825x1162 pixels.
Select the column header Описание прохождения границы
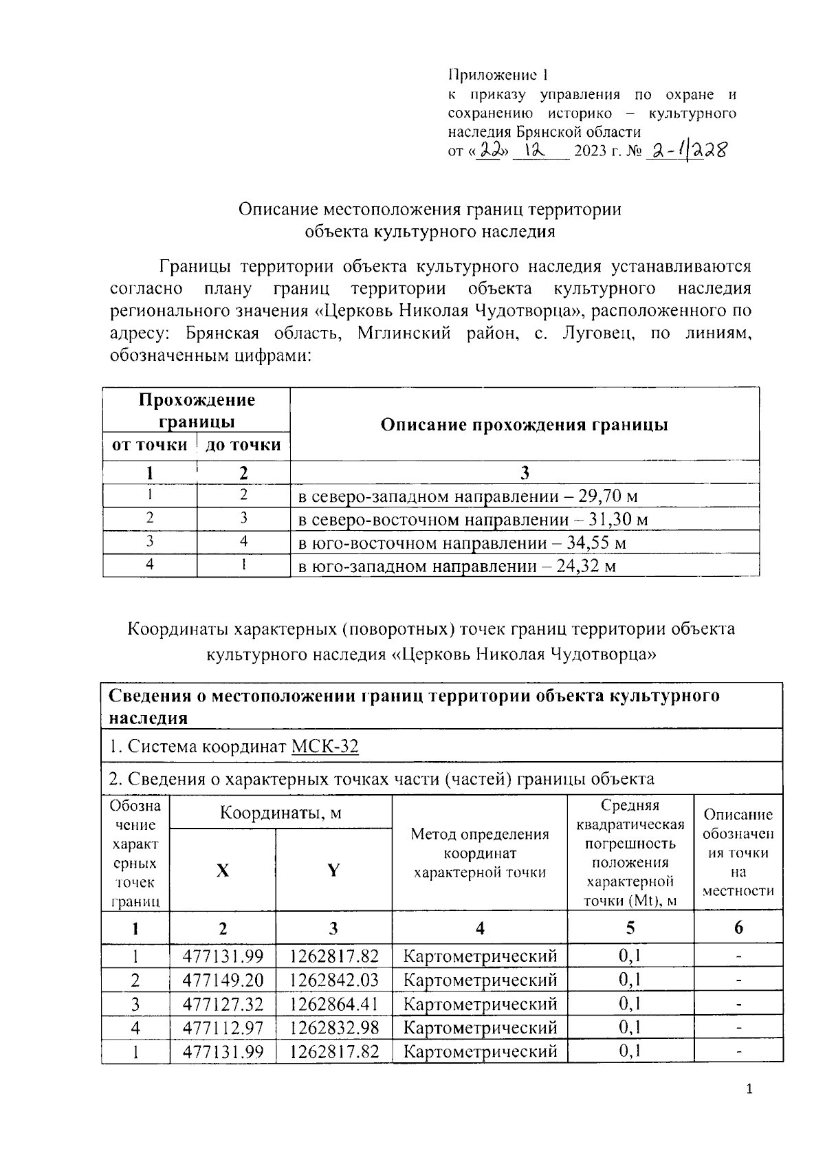pyautogui.click(x=524, y=424)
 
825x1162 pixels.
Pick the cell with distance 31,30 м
pyautogui.click(x=473, y=520)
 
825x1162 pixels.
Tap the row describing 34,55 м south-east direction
pyautogui.click(x=462, y=543)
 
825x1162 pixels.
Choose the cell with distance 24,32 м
pyautogui.click(x=456, y=567)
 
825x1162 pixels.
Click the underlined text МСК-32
pyautogui.click(x=324, y=746)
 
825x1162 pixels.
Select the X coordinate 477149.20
pyautogui.click(x=223, y=980)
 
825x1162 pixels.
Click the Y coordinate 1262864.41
pyautogui.click(x=334, y=1004)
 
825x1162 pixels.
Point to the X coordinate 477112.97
pyautogui.click(x=223, y=1028)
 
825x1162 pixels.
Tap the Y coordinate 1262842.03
pyautogui.click(x=334, y=980)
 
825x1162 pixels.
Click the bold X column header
pyautogui.click(x=223, y=870)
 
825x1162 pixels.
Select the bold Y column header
pyautogui.click(x=333, y=870)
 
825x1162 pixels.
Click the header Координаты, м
pyautogui.click(x=280, y=813)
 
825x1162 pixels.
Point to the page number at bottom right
pyautogui.click(x=749, y=1089)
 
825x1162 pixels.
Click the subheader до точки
pyautogui.click(x=243, y=445)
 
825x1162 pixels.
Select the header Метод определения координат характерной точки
pyautogui.click(x=479, y=853)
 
